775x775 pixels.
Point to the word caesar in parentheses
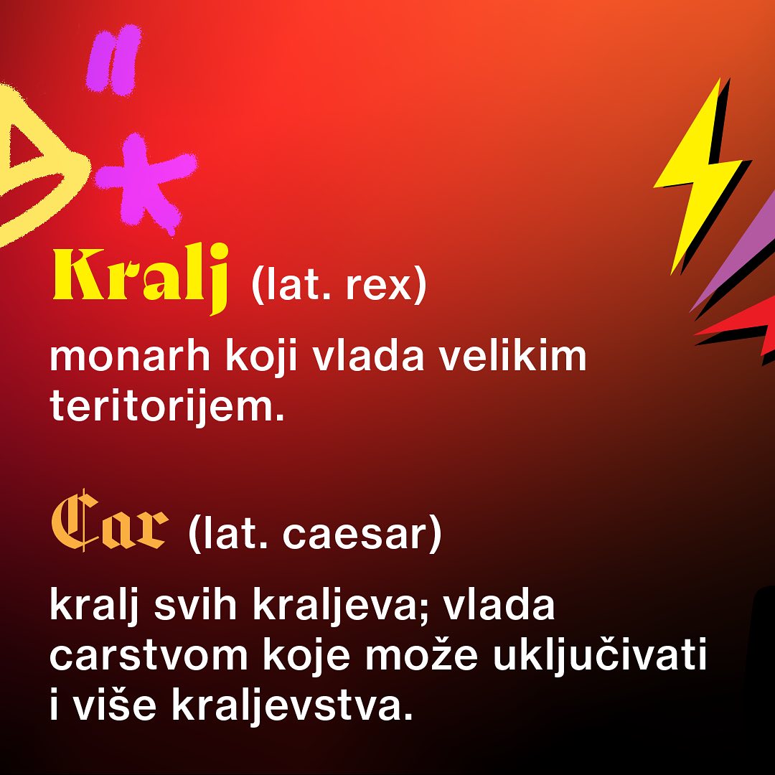[x=357, y=535]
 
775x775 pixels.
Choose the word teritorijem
[x=162, y=406]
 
